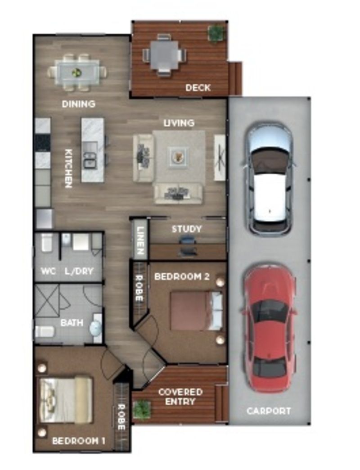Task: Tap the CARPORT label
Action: [269, 411]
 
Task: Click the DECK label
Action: [198, 88]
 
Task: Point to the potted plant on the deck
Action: [216, 32]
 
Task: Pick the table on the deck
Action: [164, 55]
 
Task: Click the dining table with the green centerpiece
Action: [77, 72]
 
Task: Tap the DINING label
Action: [78, 104]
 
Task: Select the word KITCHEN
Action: [68, 168]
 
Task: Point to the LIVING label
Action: [179, 122]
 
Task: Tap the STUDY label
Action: [186, 229]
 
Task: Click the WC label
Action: [48, 272]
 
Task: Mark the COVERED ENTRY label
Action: [180, 397]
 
